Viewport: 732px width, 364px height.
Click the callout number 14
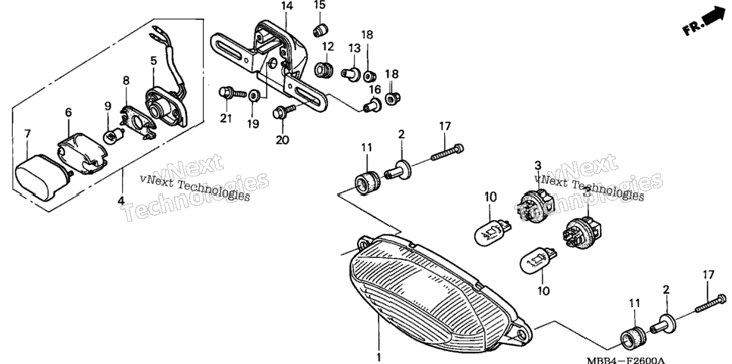[286, 7]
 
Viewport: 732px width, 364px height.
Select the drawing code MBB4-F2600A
[626, 360]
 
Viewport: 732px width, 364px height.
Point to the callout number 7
[27, 134]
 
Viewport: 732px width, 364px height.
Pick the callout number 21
[226, 119]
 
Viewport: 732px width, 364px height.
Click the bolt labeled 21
[232, 93]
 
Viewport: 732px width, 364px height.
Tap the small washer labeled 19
[254, 95]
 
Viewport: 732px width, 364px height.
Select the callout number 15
[319, 5]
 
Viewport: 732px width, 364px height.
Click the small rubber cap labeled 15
[320, 31]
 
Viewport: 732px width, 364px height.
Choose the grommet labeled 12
[323, 70]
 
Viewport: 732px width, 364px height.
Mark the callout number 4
[121, 201]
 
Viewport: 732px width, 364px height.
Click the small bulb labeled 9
[112, 136]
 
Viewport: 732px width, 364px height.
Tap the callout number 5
[154, 60]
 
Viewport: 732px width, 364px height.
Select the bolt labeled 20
[283, 112]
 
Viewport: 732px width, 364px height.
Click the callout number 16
[375, 89]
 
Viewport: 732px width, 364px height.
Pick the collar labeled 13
[350, 73]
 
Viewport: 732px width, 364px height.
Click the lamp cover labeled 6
[82, 153]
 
